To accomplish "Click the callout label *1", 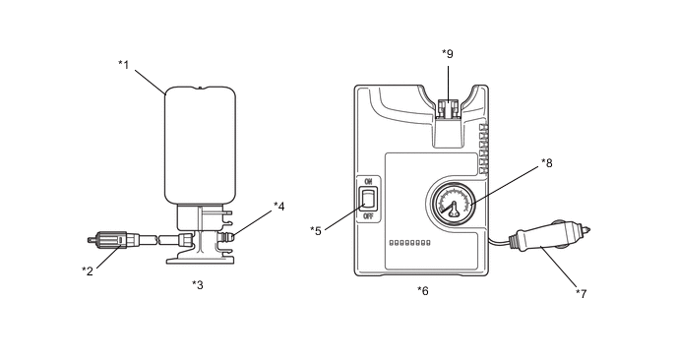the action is [x=124, y=65].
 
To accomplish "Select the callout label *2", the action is [x=88, y=271].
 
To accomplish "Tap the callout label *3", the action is [x=198, y=285].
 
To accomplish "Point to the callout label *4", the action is [x=279, y=207].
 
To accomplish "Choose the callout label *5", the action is [x=316, y=231].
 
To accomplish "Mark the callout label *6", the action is [x=423, y=291].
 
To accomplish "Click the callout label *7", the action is [x=582, y=294].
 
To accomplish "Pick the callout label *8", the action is [x=547, y=163].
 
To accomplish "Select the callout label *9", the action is [x=448, y=54].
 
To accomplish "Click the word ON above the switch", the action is [x=368, y=181].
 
